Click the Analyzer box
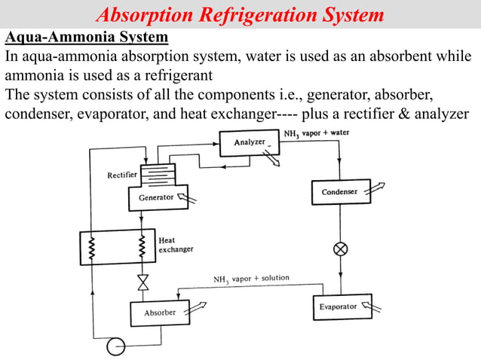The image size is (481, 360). pos(249,143)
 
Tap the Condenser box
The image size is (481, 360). pos(339,192)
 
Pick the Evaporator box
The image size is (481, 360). pos(338,307)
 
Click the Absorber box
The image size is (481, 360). pos(160,313)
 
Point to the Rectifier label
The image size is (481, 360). pos(121,175)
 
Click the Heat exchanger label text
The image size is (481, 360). pos(175,245)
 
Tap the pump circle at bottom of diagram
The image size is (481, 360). pos(115,346)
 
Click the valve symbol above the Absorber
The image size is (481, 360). pos(142,283)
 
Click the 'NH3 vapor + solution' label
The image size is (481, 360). pos(250,279)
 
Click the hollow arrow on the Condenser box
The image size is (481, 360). pos(367,190)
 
